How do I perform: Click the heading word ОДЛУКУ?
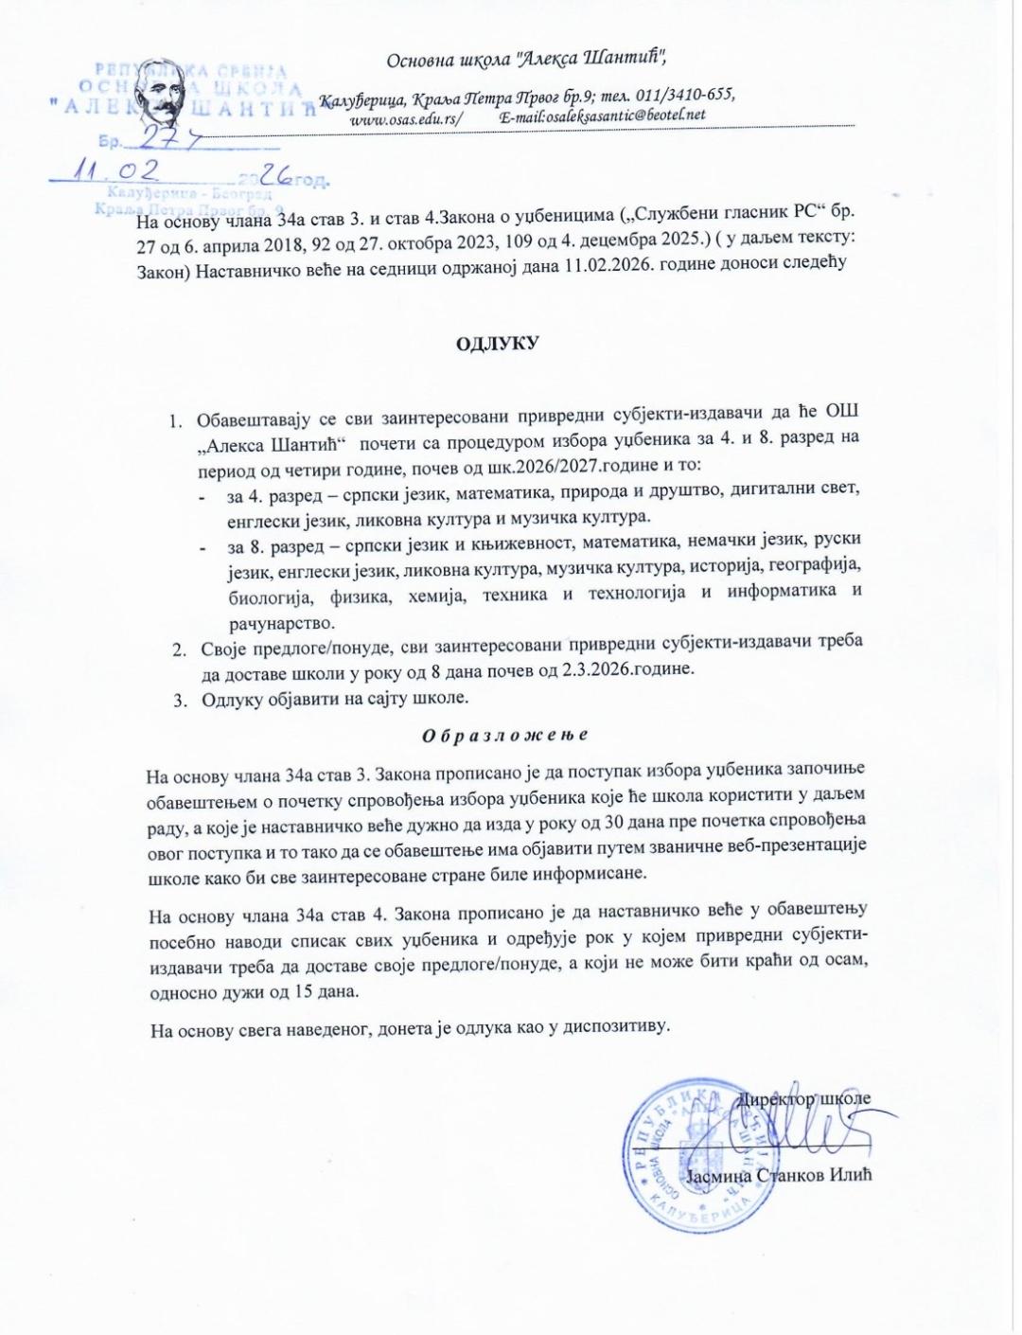tap(497, 343)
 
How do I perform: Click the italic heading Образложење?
tap(503, 735)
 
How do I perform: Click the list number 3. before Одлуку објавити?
tap(177, 699)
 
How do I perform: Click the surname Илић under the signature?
tap(848, 1175)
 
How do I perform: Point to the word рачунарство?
tap(281, 624)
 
